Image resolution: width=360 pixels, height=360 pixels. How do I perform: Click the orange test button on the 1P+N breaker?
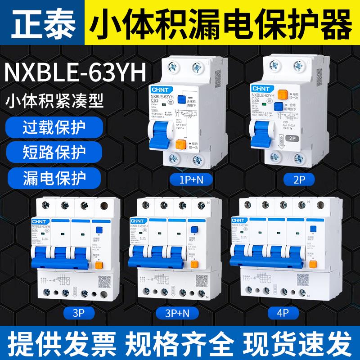tap(181, 145)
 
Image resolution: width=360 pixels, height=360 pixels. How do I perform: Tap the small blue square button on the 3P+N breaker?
tap(194, 229)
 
